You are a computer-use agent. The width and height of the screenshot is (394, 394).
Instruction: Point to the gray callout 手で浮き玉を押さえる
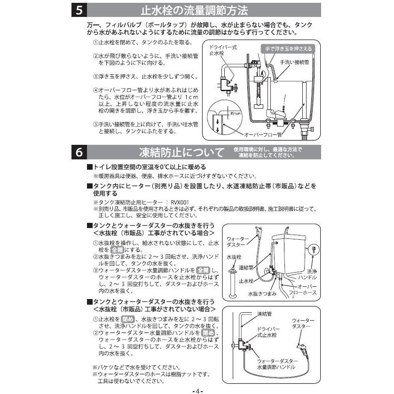coord(287,48)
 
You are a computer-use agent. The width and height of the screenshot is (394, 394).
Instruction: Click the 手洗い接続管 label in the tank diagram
coord(294,62)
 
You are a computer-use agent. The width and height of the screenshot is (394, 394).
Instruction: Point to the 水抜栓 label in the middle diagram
coord(233,257)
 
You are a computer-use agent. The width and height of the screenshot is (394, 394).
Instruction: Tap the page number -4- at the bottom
coord(197,390)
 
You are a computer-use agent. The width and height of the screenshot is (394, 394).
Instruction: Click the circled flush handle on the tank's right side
coord(313,249)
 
